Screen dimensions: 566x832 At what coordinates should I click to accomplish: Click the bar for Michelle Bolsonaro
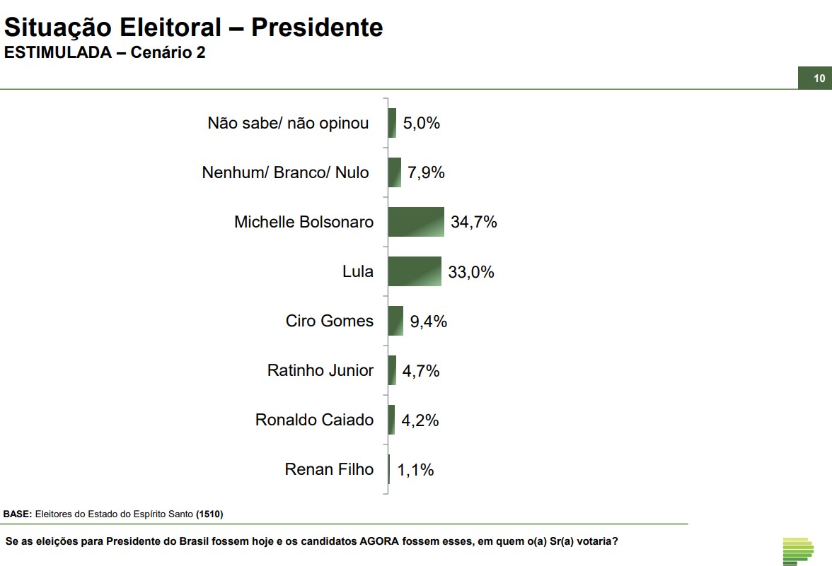click(x=416, y=222)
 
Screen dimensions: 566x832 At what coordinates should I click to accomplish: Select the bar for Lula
click(x=415, y=271)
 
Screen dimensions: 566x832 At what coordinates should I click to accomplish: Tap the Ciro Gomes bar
click(x=395, y=321)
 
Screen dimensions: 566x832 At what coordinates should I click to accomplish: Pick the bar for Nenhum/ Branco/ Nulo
click(x=394, y=172)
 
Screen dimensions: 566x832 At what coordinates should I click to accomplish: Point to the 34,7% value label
click(x=474, y=222)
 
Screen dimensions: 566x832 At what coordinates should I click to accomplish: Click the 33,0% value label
click(x=471, y=272)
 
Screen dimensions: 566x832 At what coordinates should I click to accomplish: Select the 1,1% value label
click(x=415, y=470)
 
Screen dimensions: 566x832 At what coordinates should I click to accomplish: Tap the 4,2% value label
click(x=420, y=420)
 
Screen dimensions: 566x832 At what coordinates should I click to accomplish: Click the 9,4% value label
click(x=429, y=322)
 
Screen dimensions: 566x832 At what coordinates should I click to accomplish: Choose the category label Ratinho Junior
click(x=320, y=370)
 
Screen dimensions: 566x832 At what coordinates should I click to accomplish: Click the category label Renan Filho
click(x=329, y=469)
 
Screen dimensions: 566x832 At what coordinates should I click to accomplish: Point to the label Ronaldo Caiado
click(x=314, y=420)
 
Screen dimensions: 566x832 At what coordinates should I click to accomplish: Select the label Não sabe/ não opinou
click(x=288, y=123)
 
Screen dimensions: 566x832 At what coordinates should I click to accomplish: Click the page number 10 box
click(x=819, y=78)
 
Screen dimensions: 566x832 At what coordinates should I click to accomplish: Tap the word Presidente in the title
click(x=317, y=28)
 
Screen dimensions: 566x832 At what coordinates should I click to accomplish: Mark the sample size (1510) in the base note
click(x=209, y=514)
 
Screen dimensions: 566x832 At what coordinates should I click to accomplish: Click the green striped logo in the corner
click(x=798, y=550)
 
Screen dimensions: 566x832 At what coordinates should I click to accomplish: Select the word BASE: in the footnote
click(x=18, y=514)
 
